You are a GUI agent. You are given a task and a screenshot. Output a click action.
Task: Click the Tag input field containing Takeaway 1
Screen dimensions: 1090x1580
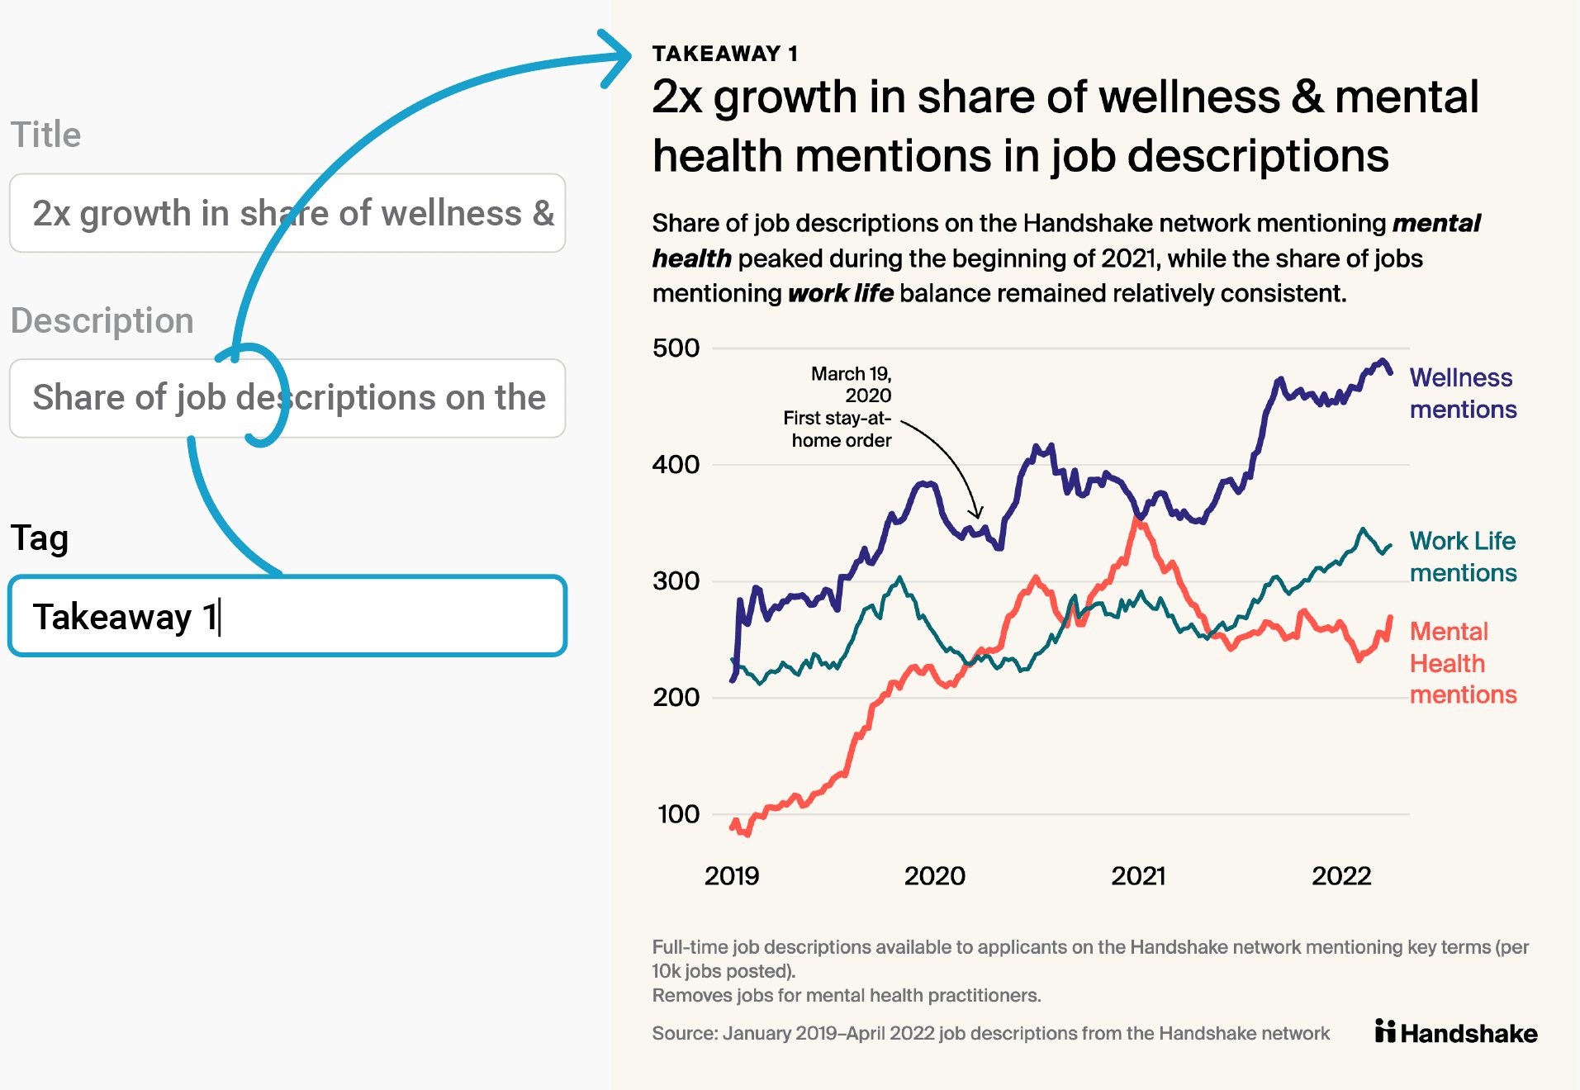click(287, 616)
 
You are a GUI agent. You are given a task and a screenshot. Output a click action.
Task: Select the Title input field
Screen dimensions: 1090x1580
click(287, 213)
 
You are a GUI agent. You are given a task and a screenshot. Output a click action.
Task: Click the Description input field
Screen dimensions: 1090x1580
click(287, 398)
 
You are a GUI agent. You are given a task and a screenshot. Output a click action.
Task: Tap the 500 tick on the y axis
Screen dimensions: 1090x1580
click(676, 348)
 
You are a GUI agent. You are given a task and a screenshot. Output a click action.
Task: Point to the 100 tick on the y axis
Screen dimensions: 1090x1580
click(678, 814)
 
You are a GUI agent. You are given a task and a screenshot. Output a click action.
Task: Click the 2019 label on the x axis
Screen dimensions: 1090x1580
click(731, 875)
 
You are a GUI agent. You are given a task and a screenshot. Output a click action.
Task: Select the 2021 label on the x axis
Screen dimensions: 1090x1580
click(1138, 875)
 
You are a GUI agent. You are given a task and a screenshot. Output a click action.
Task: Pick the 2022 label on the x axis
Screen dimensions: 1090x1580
click(1341, 875)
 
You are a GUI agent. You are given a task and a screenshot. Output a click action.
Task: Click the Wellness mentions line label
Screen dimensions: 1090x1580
click(1462, 393)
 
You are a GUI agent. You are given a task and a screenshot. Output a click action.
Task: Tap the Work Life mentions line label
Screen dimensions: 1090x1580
click(1462, 557)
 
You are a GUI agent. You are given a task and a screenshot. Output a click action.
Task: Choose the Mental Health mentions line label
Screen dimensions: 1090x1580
click(1462, 663)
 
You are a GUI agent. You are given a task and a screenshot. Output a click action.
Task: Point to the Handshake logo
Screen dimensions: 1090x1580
click(1456, 1032)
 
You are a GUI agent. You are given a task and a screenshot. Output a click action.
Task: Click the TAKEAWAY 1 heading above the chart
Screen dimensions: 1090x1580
click(724, 54)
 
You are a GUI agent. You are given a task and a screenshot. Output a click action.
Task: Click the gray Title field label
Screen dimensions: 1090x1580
click(45, 135)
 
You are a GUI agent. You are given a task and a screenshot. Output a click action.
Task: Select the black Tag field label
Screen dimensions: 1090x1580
click(39, 538)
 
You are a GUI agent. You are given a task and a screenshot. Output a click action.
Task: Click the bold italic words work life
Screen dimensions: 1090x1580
click(840, 293)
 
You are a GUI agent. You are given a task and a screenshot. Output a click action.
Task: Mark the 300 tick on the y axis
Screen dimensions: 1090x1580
click(676, 581)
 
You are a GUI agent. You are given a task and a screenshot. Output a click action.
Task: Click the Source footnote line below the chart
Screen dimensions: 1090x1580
click(990, 1033)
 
